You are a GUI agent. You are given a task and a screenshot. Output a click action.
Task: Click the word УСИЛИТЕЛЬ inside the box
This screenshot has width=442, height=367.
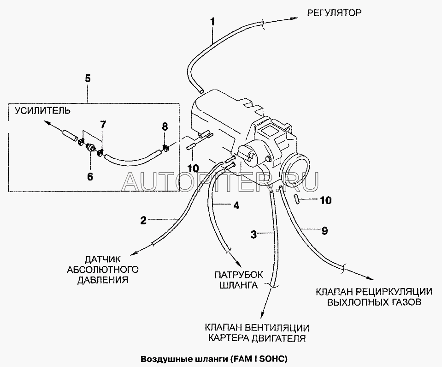pyautogui.click(x=43, y=110)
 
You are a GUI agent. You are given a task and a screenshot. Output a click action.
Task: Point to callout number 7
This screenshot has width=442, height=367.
pyautogui.click(x=103, y=125)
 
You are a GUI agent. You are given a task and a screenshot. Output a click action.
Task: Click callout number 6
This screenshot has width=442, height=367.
pyautogui.click(x=90, y=176)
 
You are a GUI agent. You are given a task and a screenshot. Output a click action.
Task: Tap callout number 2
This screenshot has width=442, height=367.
pyautogui.click(x=144, y=221)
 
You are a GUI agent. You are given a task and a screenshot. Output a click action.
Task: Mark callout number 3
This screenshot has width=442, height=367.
pyautogui.click(x=253, y=234)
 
